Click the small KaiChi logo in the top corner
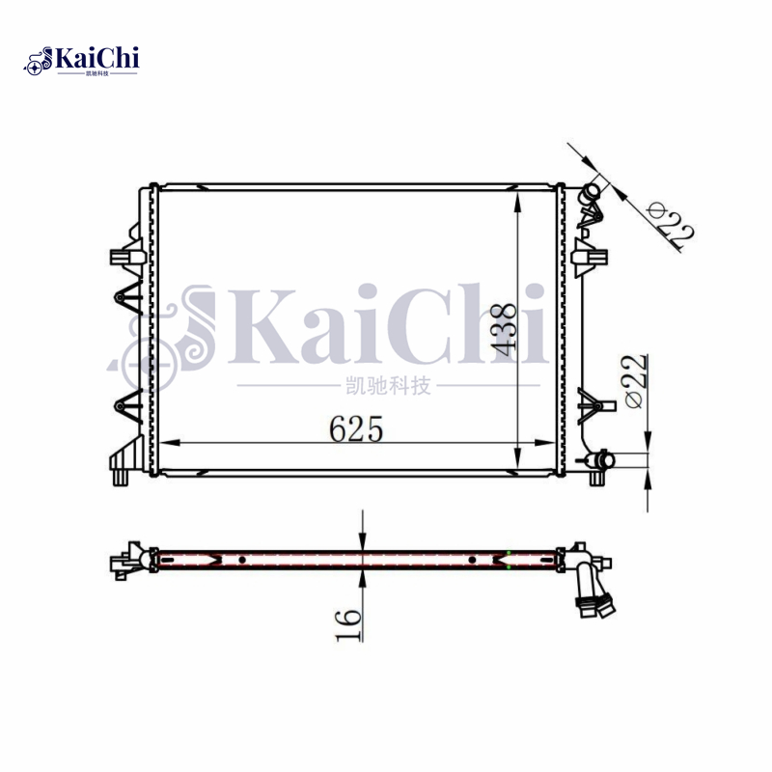click(82, 61)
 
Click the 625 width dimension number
click(356, 428)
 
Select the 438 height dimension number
click(503, 328)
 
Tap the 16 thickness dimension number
click(348, 620)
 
